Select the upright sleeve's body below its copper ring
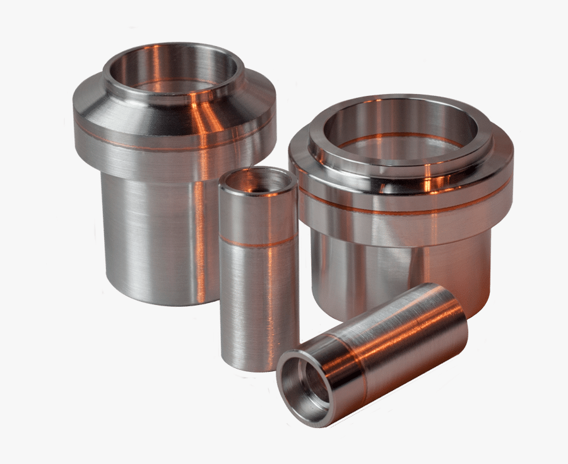click(258, 303)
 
